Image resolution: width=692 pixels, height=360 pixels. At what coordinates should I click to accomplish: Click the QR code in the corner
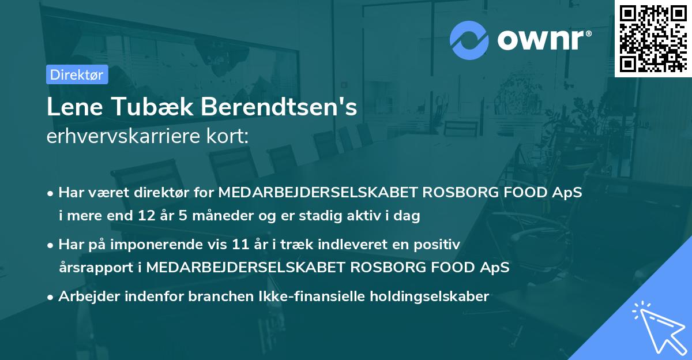pyautogui.click(x=653, y=38)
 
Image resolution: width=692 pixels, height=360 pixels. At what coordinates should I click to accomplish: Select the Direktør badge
pyautogui.click(x=77, y=74)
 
